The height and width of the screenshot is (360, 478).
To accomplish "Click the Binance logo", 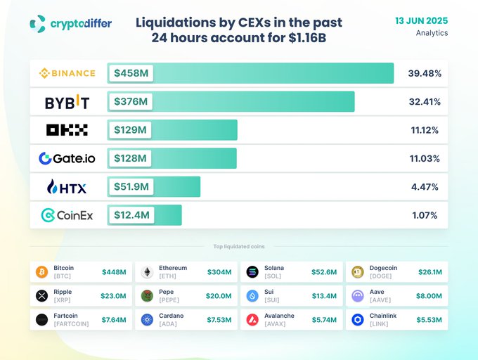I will (x=67, y=73).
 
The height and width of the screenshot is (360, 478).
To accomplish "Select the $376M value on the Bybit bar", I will (x=131, y=102).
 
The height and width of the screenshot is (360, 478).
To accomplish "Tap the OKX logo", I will (x=67, y=130).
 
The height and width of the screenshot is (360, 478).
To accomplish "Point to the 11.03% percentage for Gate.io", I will (x=425, y=159).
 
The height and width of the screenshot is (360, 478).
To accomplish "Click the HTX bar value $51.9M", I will (x=132, y=187).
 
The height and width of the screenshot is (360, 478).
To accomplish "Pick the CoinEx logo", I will (x=67, y=215).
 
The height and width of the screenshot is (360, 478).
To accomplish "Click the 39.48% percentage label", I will (x=424, y=73).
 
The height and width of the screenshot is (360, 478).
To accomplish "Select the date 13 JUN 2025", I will (x=421, y=20).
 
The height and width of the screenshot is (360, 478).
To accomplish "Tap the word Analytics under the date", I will (x=432, y=33).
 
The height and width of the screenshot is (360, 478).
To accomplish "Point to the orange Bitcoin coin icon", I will (x=41, y=272).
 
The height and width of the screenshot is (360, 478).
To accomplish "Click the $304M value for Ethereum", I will (x=219, y=272).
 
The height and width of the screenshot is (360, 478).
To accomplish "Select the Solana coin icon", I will (x=252, y=272).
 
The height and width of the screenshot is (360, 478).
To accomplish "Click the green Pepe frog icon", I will (x=147, y=296).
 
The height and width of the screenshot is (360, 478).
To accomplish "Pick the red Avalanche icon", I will (x=252, y=320).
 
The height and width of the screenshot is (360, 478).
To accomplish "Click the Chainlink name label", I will (x=383, y=316).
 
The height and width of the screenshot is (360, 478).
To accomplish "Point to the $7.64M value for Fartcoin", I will (x=114, y=320).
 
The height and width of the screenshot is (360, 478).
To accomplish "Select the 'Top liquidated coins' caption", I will (x=239, y=247).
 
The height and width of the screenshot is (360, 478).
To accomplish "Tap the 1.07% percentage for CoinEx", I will (x=425, y=215).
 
